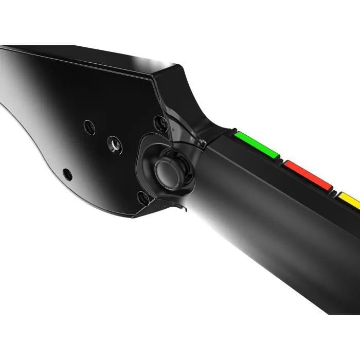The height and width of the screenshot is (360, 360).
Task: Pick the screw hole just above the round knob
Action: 160,122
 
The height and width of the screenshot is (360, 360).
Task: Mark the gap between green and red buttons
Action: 280,159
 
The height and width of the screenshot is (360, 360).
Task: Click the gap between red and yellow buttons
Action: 335,190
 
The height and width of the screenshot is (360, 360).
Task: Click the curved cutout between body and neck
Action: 206,121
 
